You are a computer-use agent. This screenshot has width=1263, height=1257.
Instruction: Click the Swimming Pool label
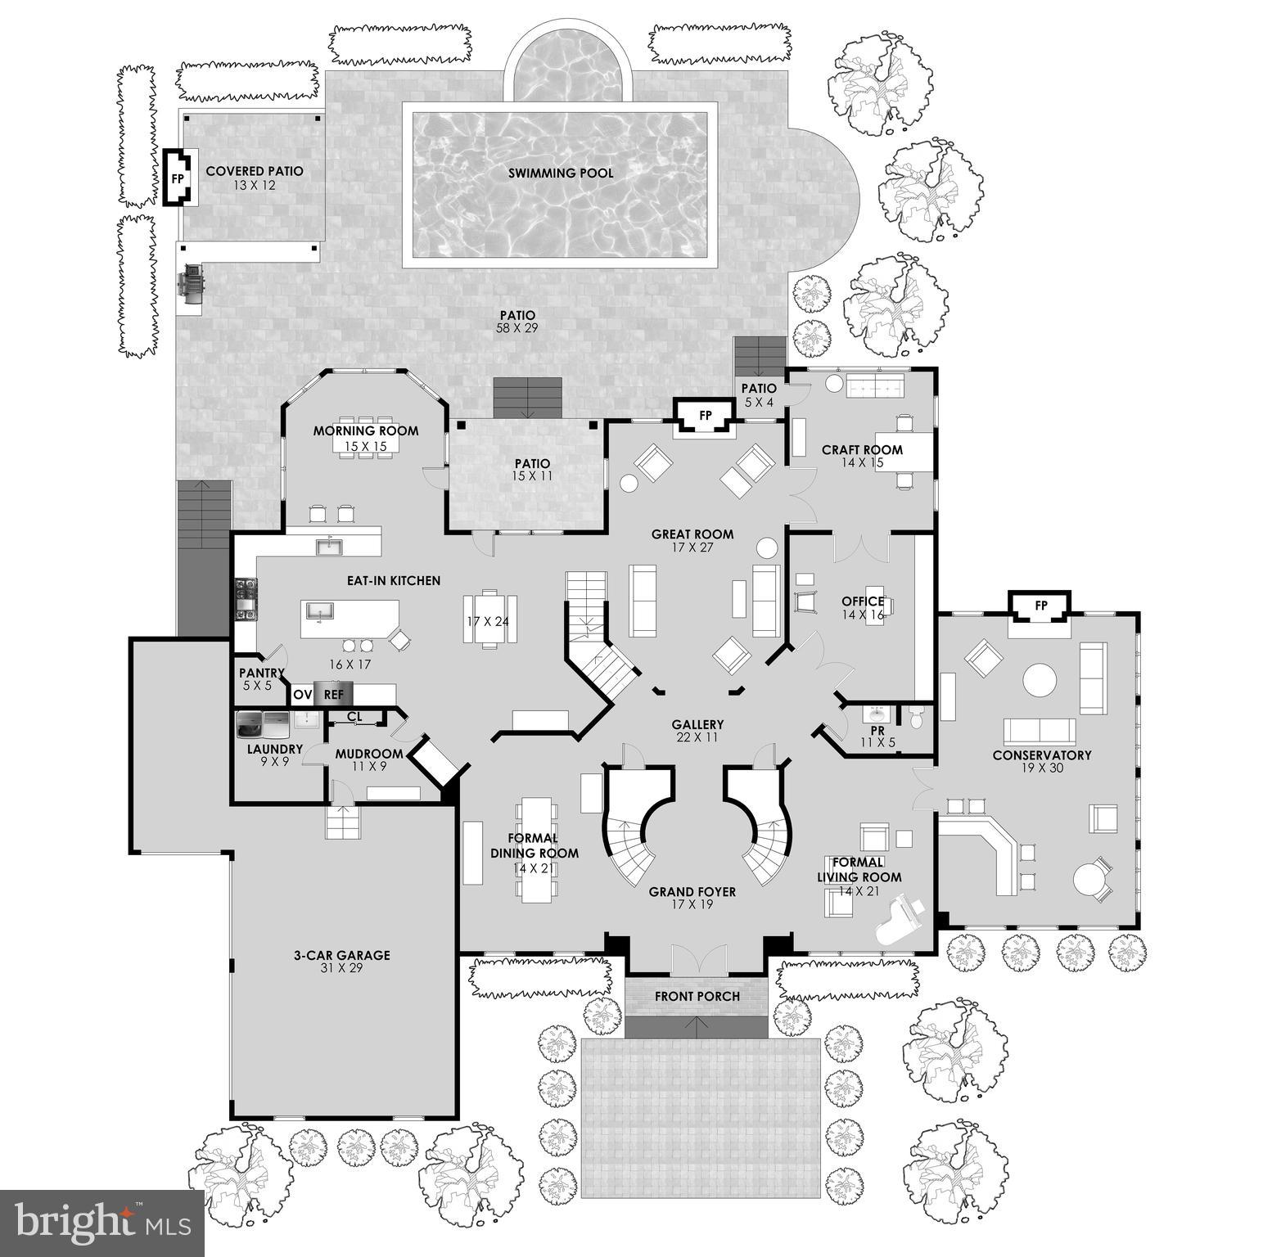coord(561,173)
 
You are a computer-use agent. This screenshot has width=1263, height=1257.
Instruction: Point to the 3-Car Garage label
coord(341,955)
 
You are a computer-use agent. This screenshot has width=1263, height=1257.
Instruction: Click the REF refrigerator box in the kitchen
coord(333,694)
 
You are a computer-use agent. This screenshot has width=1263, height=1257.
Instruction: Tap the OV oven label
coord(303,695)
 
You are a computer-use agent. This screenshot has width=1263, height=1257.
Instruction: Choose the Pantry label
coord(261,673)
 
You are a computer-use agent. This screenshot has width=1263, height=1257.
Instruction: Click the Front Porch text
coord(697,996)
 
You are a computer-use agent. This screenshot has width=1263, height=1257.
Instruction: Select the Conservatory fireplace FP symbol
coord(1041,606)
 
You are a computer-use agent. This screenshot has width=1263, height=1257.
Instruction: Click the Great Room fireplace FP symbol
coord(705,416)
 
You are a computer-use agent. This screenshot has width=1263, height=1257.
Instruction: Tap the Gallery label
coord(697,724)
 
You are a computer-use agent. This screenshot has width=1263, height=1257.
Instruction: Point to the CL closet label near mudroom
coord(354,717)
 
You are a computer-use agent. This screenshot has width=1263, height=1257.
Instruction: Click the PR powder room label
coord(877,730)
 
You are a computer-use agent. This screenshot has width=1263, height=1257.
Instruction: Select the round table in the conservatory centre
coord(1040,679)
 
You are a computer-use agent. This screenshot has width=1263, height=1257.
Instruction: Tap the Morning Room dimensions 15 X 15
coord(366,446)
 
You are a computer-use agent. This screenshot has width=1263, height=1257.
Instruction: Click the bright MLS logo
coord(101,1223)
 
